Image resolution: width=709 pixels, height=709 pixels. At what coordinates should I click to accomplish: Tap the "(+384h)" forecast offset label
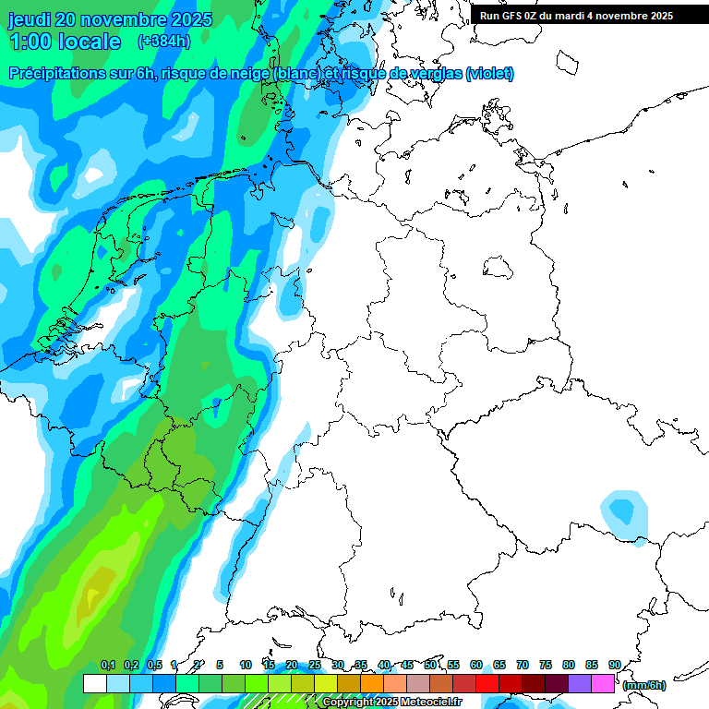coord(164,42)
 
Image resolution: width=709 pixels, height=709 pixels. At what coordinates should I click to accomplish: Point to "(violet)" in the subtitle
coord(489,74)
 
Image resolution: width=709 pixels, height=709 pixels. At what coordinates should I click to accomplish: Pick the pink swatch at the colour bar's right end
coord(603,684)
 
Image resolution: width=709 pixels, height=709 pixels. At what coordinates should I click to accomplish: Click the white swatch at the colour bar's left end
coord(94,684)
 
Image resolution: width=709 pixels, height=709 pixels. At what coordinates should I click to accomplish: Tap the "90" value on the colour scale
coord(614,665)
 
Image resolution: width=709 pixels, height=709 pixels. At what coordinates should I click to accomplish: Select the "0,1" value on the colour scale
coord(107,665)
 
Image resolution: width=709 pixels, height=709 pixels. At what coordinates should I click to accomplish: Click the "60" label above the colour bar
coord(476,665)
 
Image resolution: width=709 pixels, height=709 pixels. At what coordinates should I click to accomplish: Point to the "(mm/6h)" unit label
coord(644,685)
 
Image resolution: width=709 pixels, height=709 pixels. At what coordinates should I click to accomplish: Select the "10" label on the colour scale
coord(246,665)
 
